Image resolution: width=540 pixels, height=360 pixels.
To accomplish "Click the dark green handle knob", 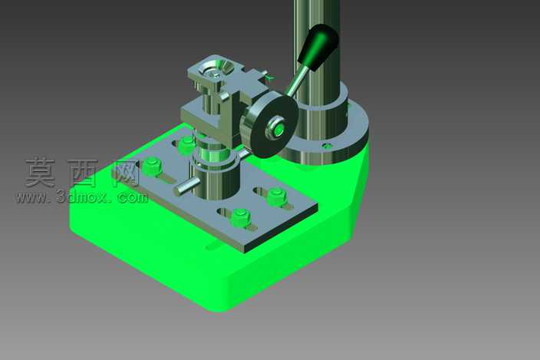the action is point(319,47).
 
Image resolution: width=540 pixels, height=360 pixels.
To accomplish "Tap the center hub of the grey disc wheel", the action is point(277,128).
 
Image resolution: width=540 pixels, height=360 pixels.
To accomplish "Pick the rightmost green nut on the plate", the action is point(277,197).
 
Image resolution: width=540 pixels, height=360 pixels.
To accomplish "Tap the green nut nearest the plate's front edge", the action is point(240,218).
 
